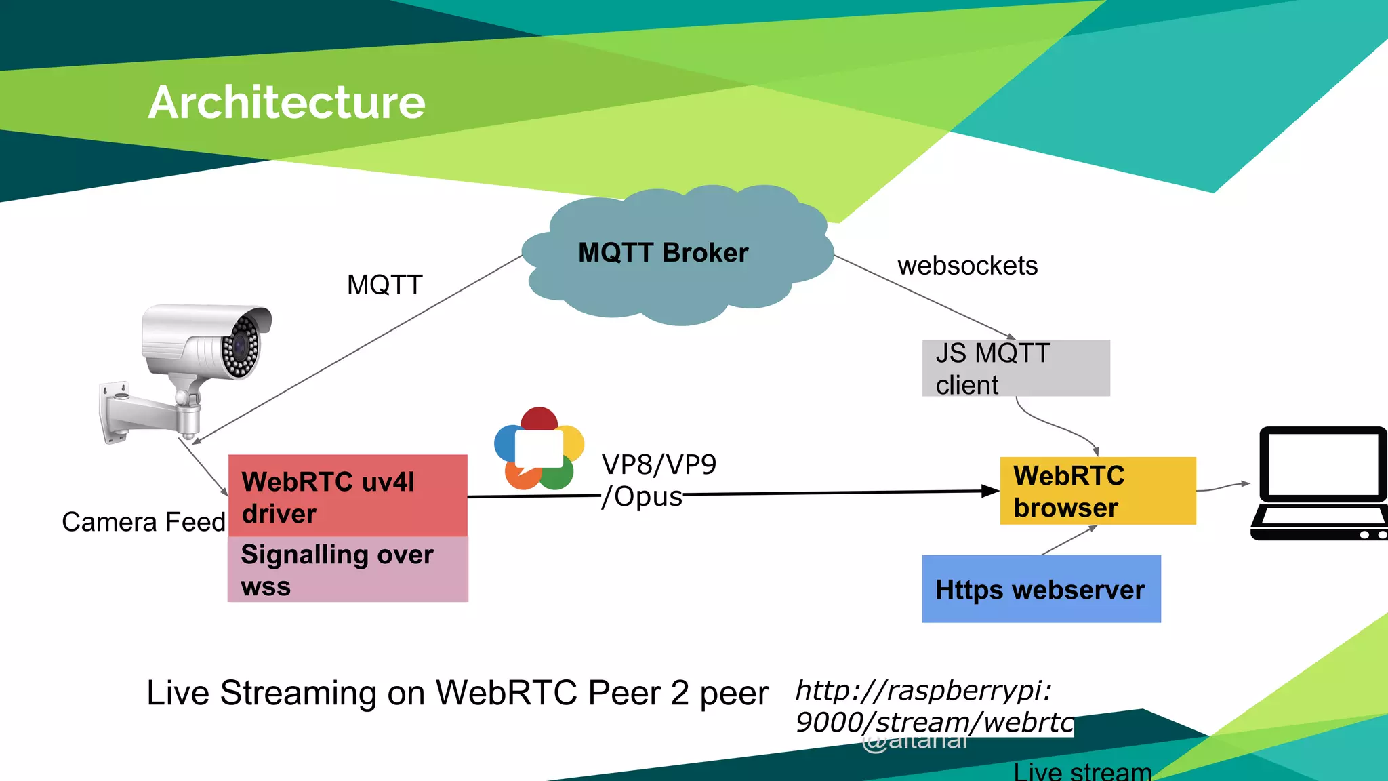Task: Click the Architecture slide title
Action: tap(287, 103)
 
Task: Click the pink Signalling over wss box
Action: tap(348, 569)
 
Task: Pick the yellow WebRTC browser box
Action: tap(1098, 491)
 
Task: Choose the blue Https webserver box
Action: tap(1041, 589)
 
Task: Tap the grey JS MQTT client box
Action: tap(1015, 368)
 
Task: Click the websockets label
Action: tap(967, 266)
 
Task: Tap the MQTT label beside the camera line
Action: tap(384, 285)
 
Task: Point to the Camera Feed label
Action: tap(144, 522)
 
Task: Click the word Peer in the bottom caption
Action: tap(624, 694)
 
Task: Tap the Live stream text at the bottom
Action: tap(1082, 772)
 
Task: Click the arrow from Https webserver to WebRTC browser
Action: tap(1069, 540)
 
